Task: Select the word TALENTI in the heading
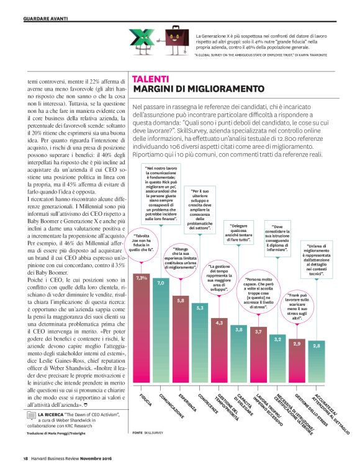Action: [150, 79]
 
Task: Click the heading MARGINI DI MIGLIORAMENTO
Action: [190, 90]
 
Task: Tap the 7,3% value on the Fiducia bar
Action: [141, 277]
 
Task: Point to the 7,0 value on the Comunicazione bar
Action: [161, 282]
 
